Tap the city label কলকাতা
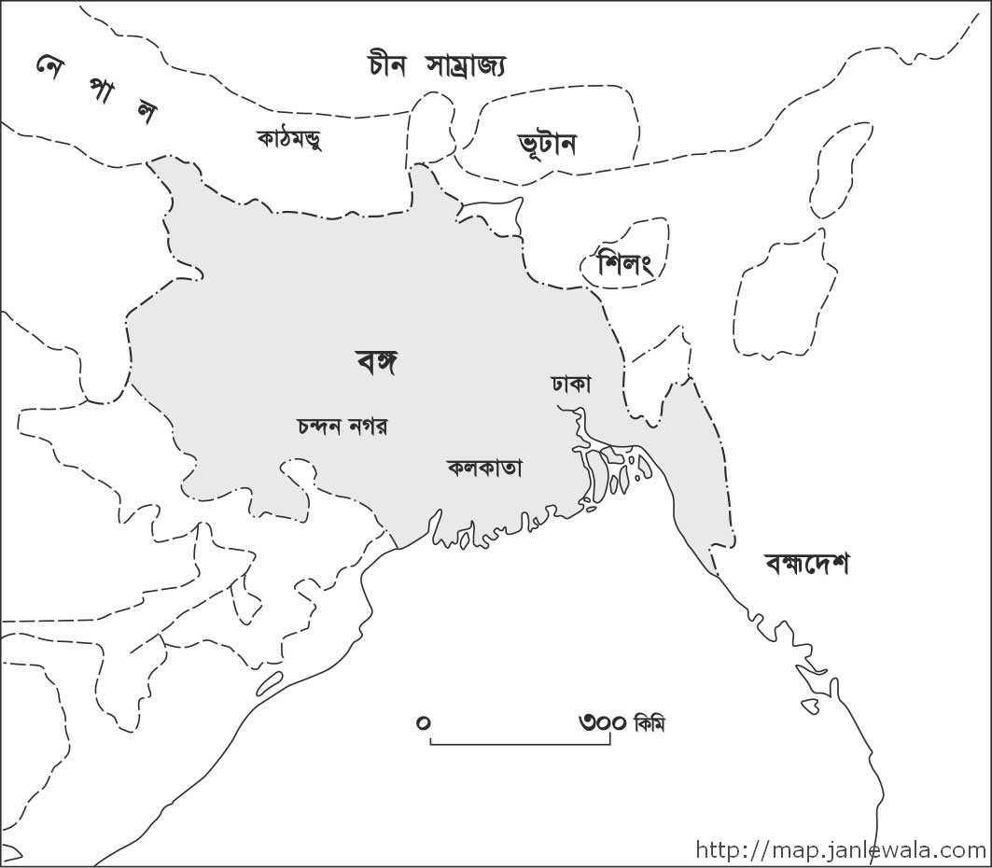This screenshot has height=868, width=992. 484,468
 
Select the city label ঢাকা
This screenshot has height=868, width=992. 571,384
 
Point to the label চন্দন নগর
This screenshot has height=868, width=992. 342,427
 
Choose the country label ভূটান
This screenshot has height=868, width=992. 547,145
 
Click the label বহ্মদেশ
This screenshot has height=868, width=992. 806,564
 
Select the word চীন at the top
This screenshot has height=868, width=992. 388,64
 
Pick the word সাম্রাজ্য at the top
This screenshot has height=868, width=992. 467,65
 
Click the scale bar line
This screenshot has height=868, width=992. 520,744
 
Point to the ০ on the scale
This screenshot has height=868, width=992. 424,722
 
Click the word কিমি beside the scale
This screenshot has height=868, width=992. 650,723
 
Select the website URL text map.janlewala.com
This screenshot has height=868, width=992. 840,850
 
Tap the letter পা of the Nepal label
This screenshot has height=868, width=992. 100,91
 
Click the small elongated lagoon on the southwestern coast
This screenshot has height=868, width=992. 269,683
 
